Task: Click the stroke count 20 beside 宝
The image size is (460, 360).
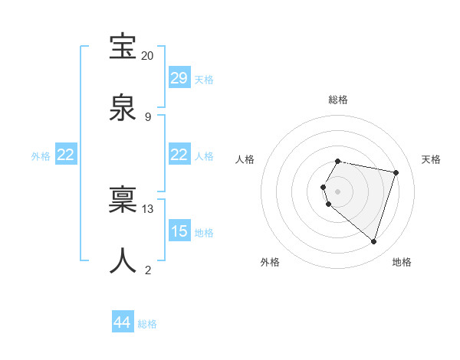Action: click(147, 56)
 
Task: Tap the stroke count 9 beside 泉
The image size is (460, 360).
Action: click(148, 116)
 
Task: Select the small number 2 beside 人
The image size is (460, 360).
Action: click(148, 270)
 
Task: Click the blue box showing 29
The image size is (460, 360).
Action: click(179, 78)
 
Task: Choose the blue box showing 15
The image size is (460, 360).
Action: click(179, 231)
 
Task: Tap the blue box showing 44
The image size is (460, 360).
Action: click(123, 322)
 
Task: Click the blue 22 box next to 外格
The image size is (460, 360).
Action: click(66, 155)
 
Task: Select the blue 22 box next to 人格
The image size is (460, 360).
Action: click(179, 155)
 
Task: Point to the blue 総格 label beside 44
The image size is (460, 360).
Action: click(147, 324)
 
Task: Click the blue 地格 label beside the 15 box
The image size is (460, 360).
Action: click(204, 233)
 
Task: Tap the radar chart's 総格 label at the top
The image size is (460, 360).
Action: click(338, 100)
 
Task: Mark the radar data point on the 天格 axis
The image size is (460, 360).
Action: click(396, 173)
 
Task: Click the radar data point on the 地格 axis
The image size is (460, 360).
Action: click(373, 242)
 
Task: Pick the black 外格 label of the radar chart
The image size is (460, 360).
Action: click(270, 262)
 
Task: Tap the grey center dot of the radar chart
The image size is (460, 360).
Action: click(338, 191)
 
